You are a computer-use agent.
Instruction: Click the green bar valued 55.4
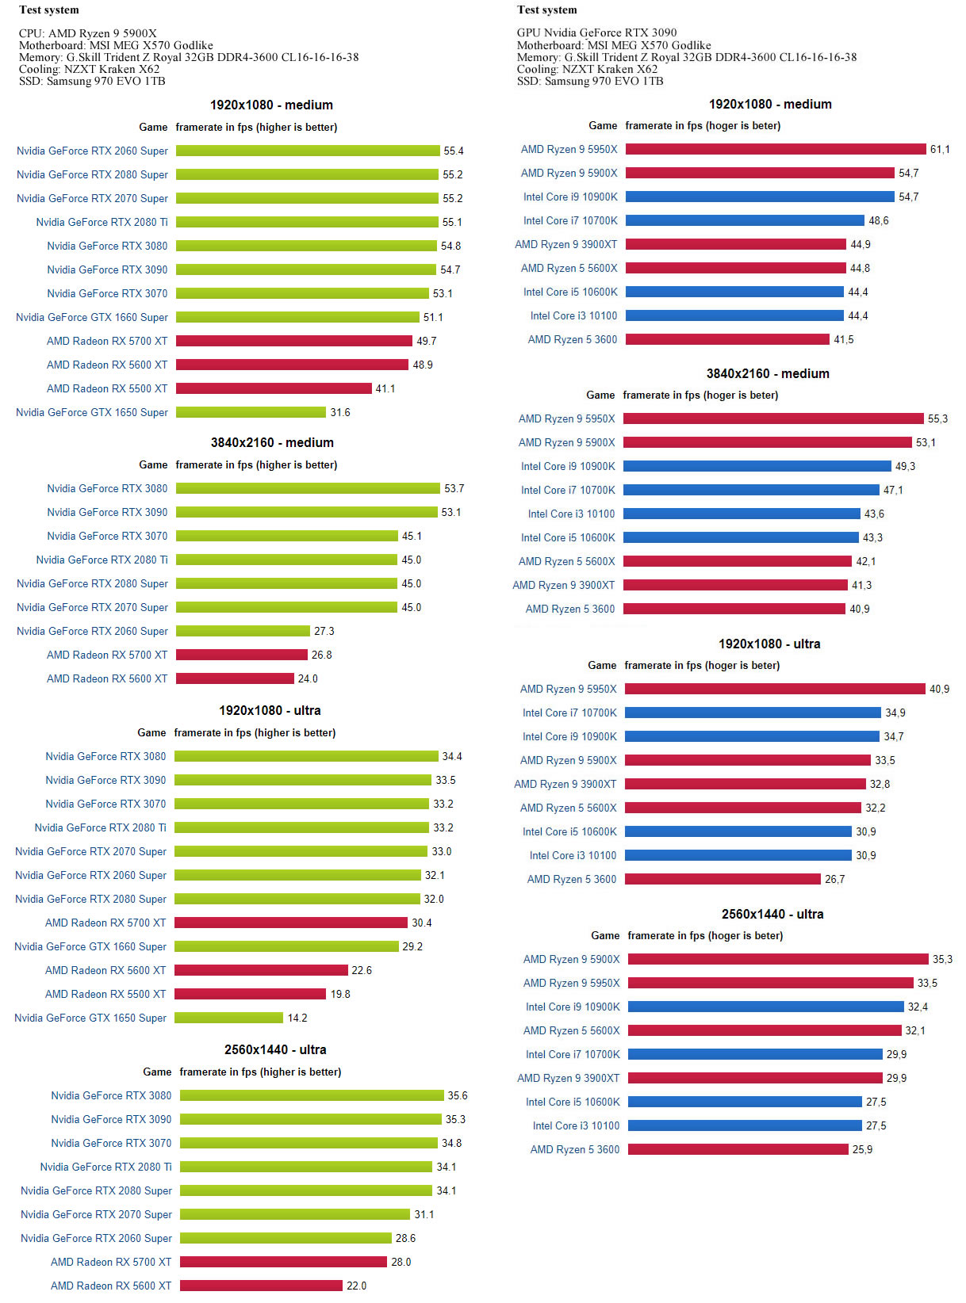[x=308, y=151]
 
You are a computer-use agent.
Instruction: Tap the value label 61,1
[x=940, y=149]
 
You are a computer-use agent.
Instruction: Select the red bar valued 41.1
[x=274, y=388]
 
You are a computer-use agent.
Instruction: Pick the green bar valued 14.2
[x=228, y=1018]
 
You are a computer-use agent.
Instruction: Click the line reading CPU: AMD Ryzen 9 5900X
[x=88, y=33]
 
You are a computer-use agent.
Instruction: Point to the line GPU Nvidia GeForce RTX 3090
[x=596, y=32]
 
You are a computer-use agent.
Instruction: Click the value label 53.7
[x=454, y=488]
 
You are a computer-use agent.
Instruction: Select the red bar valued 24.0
[x=235, y=678]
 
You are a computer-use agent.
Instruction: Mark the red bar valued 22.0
[x=261, y=1286]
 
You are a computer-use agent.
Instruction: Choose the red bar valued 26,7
[x=723, y=879]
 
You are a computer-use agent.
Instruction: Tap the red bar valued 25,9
[x=738, y=1149]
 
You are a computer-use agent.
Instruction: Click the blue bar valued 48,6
[x=745, y=220]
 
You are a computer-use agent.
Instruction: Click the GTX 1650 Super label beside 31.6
[x=92, y=412]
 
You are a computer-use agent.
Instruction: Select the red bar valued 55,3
[x=774, y=418]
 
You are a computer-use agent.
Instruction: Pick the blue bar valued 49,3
[x=757, y=466]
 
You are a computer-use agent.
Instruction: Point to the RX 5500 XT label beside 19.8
[x=105, y=994]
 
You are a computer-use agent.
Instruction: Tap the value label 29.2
[x=412, y=946]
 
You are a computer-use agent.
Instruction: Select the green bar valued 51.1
[x=297, y=317]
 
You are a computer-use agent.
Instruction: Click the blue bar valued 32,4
[x=765, y=1007]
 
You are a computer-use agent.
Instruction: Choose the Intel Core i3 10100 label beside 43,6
[x=571, y=514]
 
